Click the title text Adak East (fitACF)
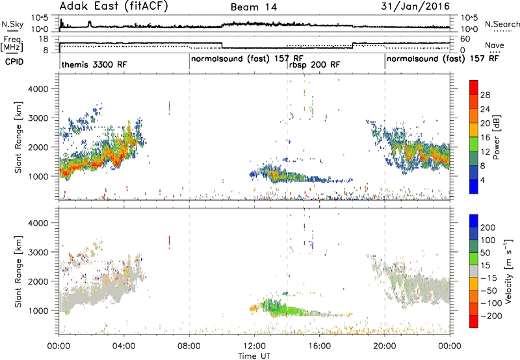tap(114, 6)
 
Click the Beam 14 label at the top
tap(253, 7)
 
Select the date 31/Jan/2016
tap(415, 6)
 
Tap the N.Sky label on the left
tap(12, 24)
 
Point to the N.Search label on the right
tap(502, 24)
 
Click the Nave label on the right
tap(495, 45)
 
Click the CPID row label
tap(14, 62)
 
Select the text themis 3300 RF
tap(94, 64)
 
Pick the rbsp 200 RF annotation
tap(315, 64)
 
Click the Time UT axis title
tap(254, 356)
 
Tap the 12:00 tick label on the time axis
tap(254, 346)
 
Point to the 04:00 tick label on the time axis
tap(123, 346)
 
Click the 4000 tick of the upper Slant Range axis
tap(38, 89)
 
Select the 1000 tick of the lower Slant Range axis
tap(38, 311)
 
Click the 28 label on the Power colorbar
tap(485, 95)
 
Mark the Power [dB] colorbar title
tap(497, 137)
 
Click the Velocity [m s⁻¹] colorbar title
tap(508, 271)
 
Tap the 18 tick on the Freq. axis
tap(44, 39)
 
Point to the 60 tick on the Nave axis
tap(465, 39)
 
